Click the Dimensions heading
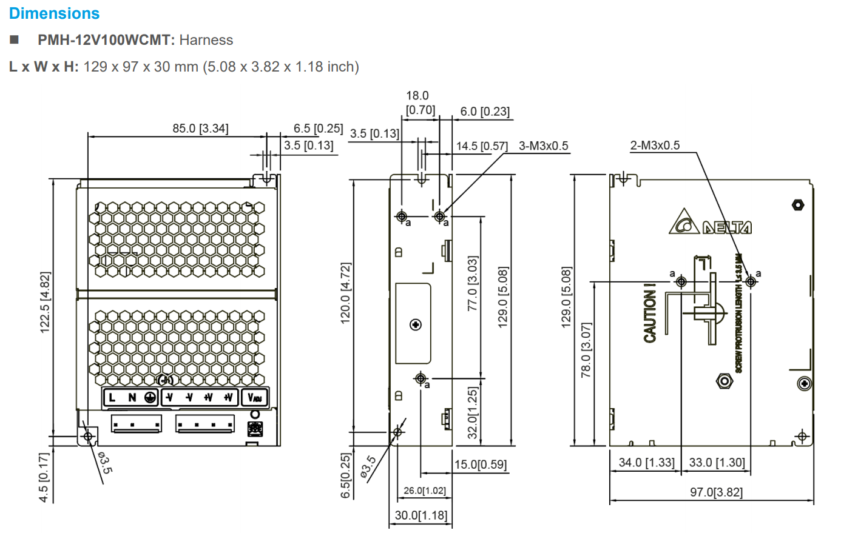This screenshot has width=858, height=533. pos(54,13)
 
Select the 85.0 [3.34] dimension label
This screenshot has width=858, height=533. pos(200,129)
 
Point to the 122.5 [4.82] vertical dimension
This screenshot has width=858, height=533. pos(45,302)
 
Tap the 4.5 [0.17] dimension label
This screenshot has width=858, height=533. pos(44,477)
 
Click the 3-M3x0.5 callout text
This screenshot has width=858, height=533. pos(543,146)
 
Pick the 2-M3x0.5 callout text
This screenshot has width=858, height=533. pos(655,146)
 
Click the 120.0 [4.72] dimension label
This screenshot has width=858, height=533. pos(345,293)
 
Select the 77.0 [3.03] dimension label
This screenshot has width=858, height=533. pos(473,283)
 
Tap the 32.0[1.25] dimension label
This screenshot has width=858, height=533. pos(473,413)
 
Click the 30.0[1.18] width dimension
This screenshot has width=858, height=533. pos(421,515)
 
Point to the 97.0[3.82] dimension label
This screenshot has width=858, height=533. pos(716,492)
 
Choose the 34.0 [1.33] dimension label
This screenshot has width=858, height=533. pos(646,463)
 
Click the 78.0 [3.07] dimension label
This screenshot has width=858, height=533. pos(586,350)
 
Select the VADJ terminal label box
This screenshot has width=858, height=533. pos(254,398)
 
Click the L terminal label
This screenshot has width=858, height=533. pos(112,398)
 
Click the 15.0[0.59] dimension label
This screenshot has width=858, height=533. pos(481,464)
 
